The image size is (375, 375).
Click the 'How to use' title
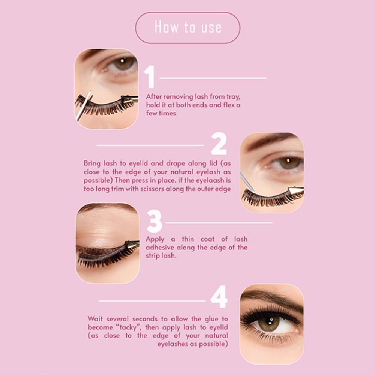(x=188, y=27)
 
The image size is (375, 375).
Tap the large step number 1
(x=150, y=76)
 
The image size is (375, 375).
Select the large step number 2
(x=219, y=144)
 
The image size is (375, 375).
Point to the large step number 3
(x=154, y=221)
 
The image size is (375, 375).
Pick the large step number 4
(x=219, y=297)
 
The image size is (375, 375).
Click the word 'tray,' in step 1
(x=233, y=97)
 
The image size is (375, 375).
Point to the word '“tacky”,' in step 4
(x=129, y=327)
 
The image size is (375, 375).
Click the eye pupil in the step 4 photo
(x=270, y=321)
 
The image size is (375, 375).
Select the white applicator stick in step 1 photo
(x=84, y=106)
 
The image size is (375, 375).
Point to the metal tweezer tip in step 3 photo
(x=132, y=244)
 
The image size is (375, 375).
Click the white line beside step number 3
(x=219, y=223)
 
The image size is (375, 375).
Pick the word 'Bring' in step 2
(x=92, y=164)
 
